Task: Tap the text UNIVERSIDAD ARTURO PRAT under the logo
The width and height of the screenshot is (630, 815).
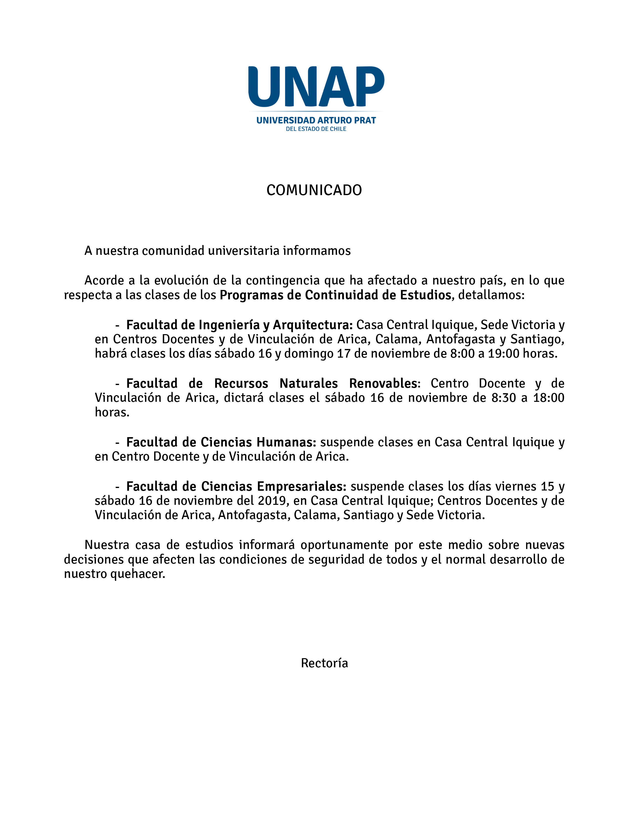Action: pyautogui.click(x=316, y=120)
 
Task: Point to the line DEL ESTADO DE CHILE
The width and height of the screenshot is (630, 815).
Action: pyautogui.click(x=316, y=129)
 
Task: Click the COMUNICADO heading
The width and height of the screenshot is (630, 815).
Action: pyautogui.click(x=314, y=190)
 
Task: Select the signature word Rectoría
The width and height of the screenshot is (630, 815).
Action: pyautogui.click(x=324, y=663)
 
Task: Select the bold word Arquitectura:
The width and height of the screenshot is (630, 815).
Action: pyautogui.click(x=313, y=325)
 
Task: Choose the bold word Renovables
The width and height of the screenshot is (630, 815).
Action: pyautogui.click(x=383, y=384)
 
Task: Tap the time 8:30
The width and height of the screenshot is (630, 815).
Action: pyautogui.click(x=504, y=398)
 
